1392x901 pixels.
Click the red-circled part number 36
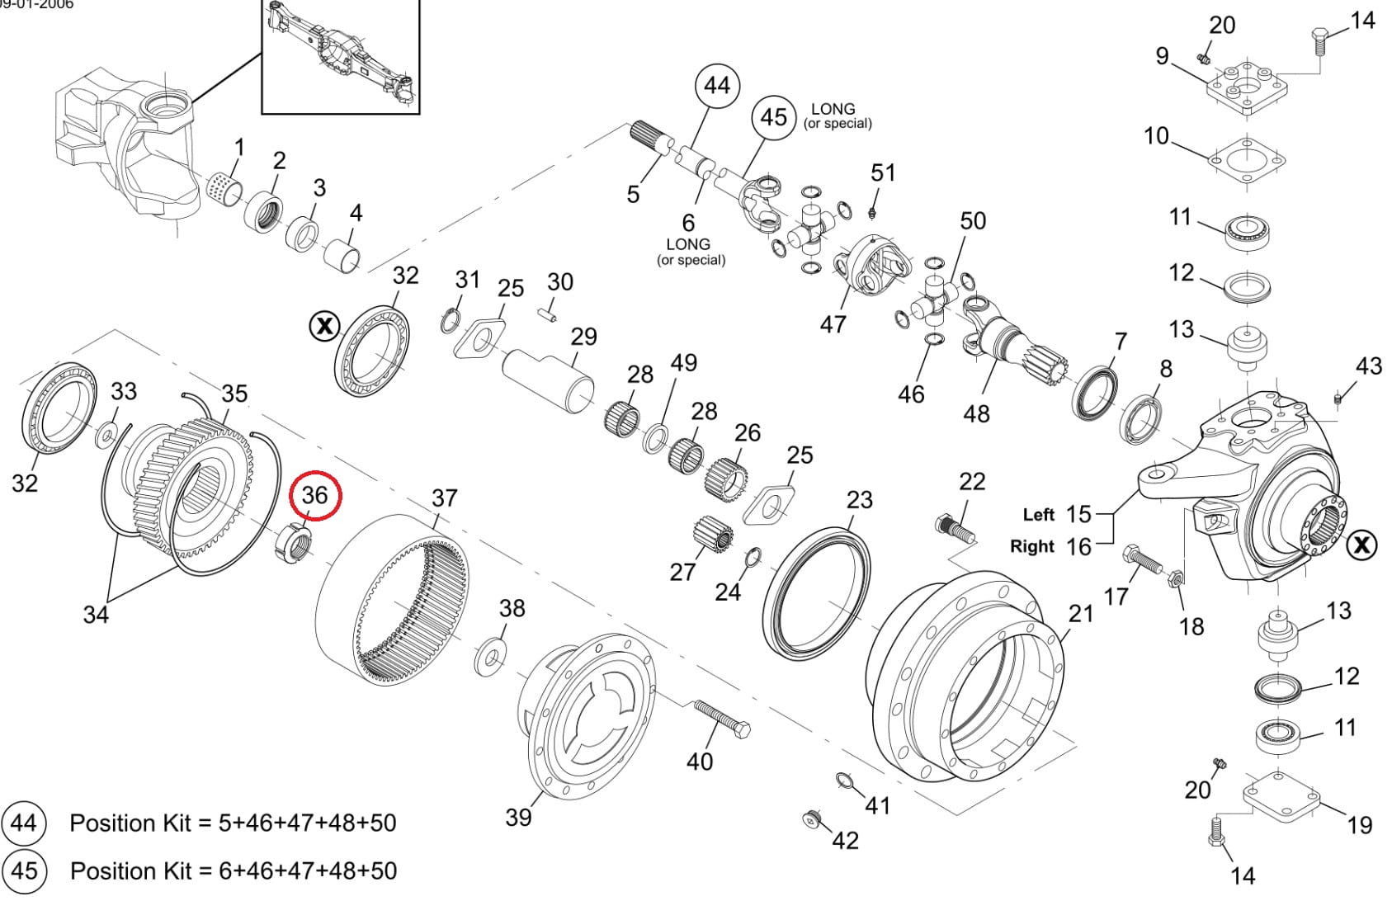[315, 495]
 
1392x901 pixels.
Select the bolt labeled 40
[721, 719]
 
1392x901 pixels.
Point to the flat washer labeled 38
[492, 658]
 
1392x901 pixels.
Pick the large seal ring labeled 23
[817, 592]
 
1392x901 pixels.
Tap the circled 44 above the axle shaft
[717, 85]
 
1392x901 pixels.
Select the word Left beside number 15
[1039, 515]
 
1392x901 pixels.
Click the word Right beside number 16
[1032, 546]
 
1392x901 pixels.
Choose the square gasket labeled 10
[1247, 158]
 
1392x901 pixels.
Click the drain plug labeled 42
[813, 819]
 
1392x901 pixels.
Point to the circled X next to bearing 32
[324, 326]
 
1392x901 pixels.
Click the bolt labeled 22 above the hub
[955, 528]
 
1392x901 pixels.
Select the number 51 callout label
[883, 172]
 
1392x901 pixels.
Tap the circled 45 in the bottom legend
[24, 870]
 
